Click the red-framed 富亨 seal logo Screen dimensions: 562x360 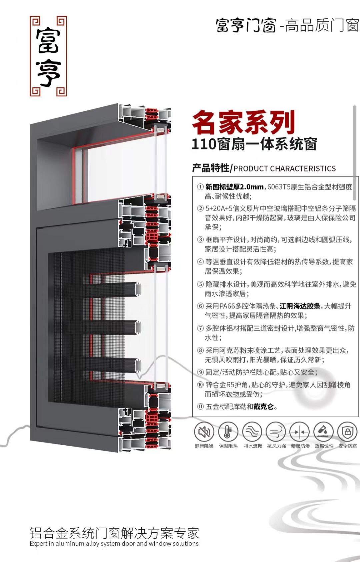pyautogui.click(x=48, y=56)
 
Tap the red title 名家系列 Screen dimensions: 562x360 pyautogui.click(x=244, y=122)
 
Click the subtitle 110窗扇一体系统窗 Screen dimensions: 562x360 pyautogui.click(x=254, y=144)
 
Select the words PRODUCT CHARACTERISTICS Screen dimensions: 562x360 pyautogui.click(x=284, y=169)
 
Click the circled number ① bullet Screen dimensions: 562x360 pyautogui.click(x=200, y=187)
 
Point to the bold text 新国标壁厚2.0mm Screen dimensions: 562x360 pyautogui.click(x=234, y=187)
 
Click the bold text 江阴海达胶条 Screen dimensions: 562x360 pyautogui.click(x=300, y=306)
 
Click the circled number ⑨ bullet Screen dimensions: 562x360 pyautogui.click(x=200, y=372)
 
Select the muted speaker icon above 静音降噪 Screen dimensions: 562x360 pyautogui.click(x=204, y=432)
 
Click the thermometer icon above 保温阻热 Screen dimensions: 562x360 pyautogui.click(x=228, y=432)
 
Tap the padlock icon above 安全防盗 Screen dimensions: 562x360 pyautogui.click(x=347, y=432)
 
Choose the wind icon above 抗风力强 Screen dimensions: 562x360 pyautogui.click(x=276, y=432)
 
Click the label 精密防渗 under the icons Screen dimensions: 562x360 pyautogui.click(x=300, y=446)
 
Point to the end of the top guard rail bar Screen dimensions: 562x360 pyautogui.click(x=138, y=290)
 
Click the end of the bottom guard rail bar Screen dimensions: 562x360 pyautogui.click(x=138, y=365)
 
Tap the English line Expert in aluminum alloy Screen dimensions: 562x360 pyautogui.click(x=114, y=544)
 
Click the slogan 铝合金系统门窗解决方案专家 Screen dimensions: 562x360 pyautogui.click(x=114, y=533)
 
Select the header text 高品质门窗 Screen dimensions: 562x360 pyautogui.click(x=322, y=25)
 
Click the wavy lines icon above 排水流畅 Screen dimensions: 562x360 pyautogui.click(x=252, y=432)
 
